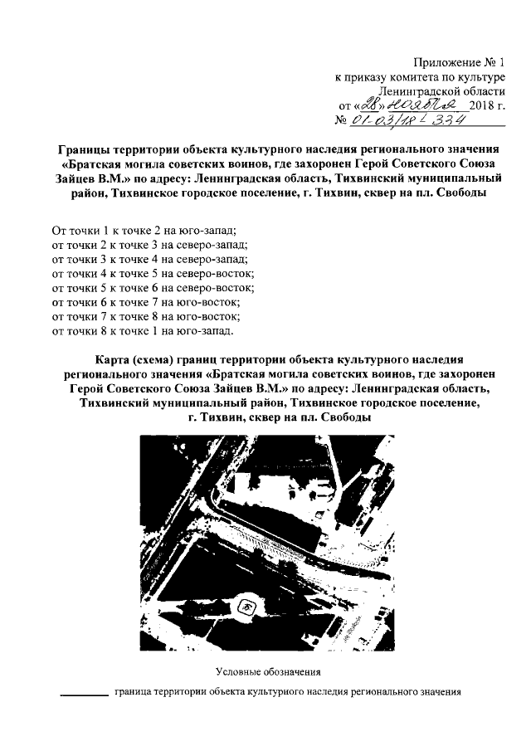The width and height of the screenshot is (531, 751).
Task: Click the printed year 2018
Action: coord(480,105)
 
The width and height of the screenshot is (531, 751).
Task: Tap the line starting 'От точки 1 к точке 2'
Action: coord(144,228)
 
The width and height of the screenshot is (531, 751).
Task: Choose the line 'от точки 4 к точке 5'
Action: coord(152,273)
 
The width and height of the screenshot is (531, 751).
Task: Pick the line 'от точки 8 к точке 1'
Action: coord(143,333)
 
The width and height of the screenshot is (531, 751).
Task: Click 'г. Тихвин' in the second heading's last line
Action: coord(214,419)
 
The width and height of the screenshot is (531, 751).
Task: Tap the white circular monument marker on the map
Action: coord(247,609)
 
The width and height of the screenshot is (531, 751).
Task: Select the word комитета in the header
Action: coord(409,76)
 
